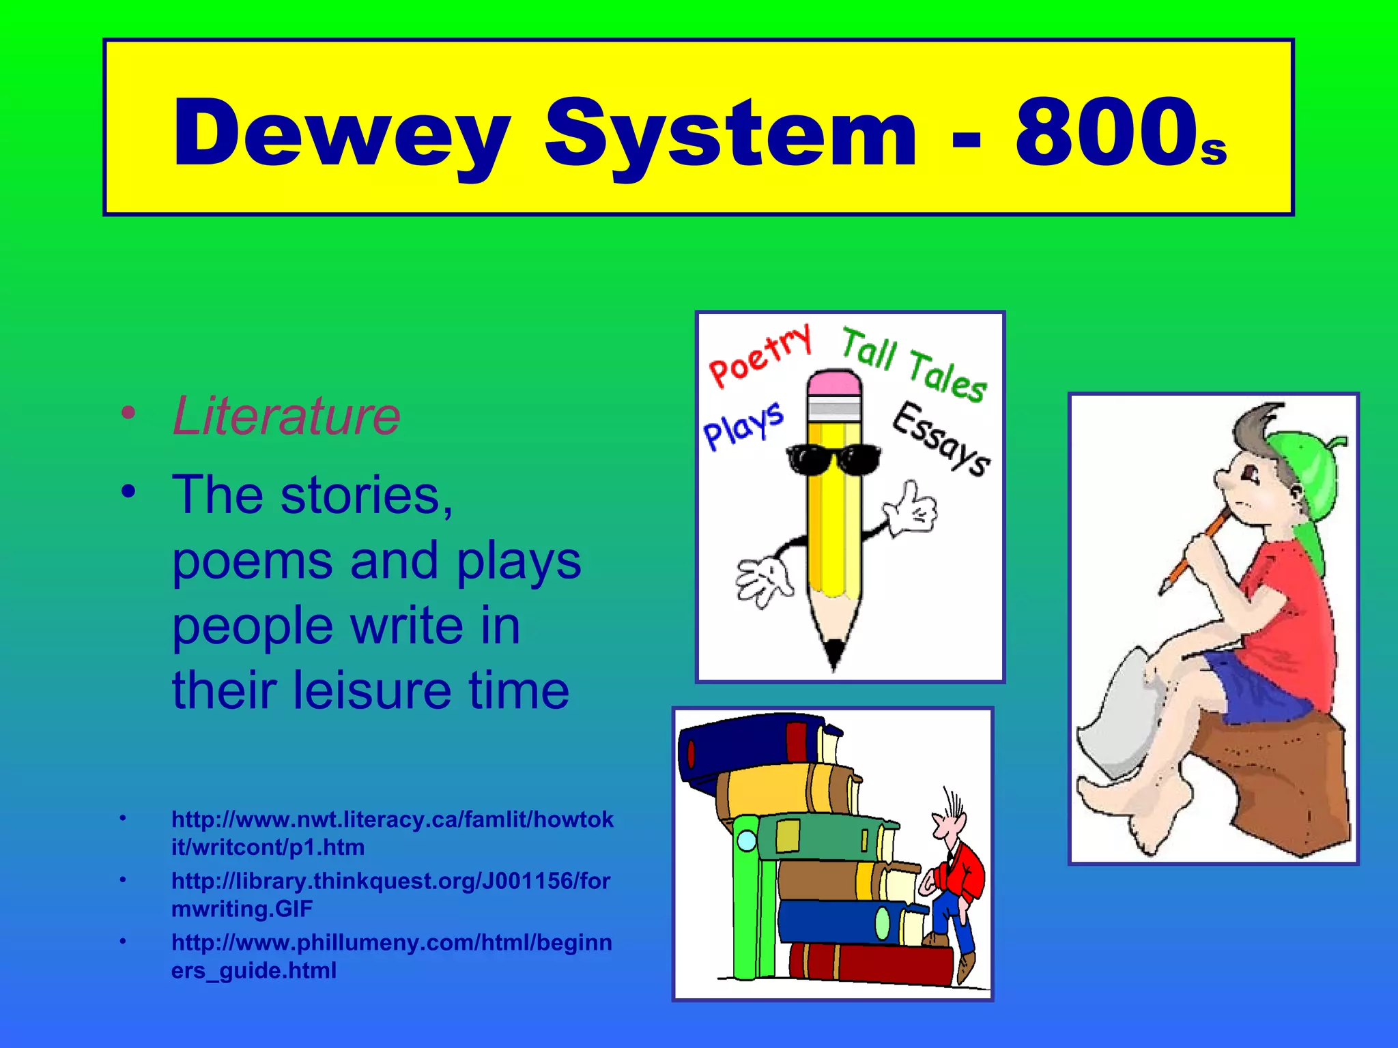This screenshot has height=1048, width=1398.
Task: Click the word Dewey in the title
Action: tap(341, 133)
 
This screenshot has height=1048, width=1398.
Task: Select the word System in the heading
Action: tap(730, 133)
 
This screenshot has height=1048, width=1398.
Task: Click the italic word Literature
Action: tap(286, 416)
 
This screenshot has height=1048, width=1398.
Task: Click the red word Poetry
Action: tap(760, 356)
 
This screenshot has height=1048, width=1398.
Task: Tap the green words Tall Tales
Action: tap(913, 364)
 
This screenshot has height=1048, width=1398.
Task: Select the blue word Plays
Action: tap(743, 426)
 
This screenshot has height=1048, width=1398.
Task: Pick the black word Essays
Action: tap(941, 439)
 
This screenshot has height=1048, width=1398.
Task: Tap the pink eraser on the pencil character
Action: tap(833, 383)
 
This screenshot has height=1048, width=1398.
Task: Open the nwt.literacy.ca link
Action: tap(392, 833)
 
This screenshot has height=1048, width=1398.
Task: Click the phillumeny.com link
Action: tap(391, 956)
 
